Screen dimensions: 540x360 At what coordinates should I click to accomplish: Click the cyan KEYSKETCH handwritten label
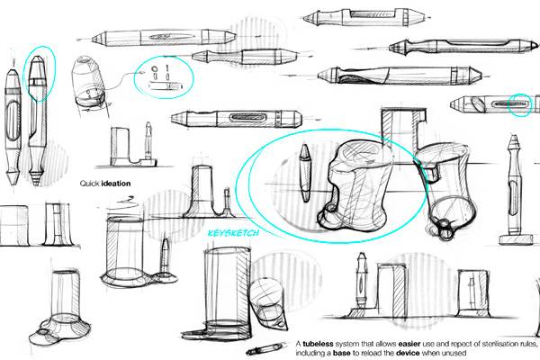pos(233,233)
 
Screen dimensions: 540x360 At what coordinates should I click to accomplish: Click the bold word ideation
pos(116,184)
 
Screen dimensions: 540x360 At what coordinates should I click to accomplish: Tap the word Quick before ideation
pos(90,184)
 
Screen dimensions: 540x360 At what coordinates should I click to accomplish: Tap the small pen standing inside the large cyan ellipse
pos(305,172)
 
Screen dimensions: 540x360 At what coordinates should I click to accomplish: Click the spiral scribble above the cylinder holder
pos(124,200)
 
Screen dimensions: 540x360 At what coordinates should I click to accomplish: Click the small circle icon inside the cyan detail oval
pos(154,68)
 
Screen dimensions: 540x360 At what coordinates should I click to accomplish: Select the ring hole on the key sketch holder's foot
pos(331,208)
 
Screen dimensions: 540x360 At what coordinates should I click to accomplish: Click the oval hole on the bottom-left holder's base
pos(43,332)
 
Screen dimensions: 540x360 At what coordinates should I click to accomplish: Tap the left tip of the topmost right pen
pos(304,18)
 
